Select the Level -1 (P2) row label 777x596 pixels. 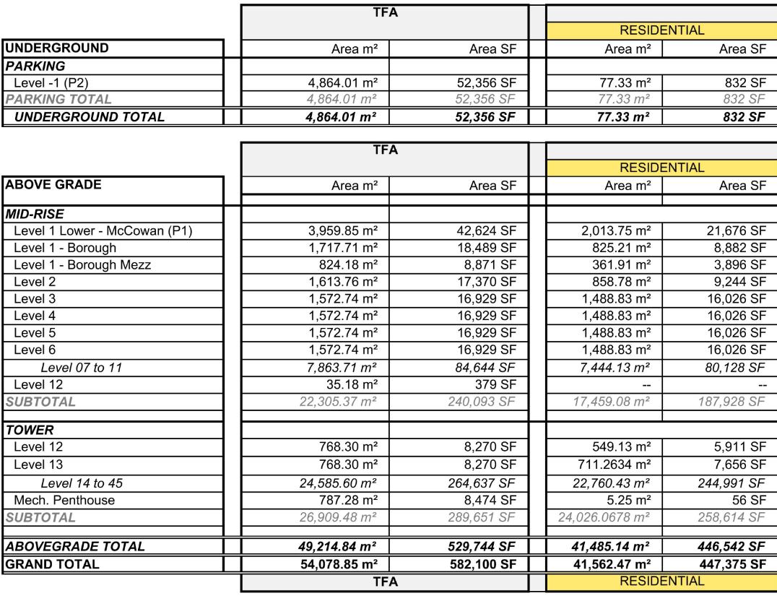click(51, 83)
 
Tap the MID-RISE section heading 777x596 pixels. click(35, 214)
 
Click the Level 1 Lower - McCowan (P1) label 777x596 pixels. click(103, 231)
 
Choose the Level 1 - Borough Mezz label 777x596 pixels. click(82, 265)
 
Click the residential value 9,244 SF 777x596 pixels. click(737, 282)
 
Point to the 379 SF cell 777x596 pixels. click(496, 385)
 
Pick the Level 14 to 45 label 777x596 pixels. click(82, 483)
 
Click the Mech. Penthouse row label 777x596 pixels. click(64, 500)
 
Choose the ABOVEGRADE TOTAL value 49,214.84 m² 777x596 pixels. click(339, 547)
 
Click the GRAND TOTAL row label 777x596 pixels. click(52, 564)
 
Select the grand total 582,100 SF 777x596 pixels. click(482, 564)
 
